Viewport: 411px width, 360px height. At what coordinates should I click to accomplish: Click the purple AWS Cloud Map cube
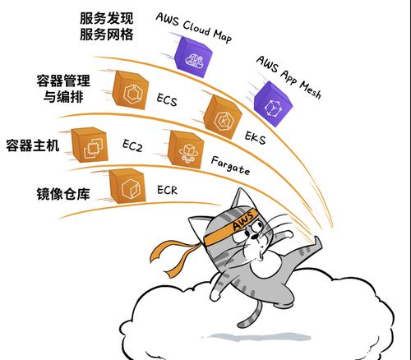coord(193,57)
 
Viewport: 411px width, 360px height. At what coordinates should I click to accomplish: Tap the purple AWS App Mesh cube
coord(273,104)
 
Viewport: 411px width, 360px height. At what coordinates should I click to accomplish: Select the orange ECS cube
coord(131,90)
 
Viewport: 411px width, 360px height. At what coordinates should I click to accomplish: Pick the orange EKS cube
coord(223,117)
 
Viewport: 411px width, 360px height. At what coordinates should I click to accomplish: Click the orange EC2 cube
coord(90,145)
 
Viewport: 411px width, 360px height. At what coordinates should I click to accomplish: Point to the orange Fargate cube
coord(186,150)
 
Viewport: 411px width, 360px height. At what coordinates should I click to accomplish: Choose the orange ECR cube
coord(127,186)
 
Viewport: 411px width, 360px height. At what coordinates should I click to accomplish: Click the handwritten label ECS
coord(167,99)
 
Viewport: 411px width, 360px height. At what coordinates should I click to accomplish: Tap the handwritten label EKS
coord(255,137)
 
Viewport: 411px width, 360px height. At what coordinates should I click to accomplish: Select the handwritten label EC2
coord(132,145)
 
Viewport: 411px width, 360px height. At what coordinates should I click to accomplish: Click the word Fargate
coord(230,166)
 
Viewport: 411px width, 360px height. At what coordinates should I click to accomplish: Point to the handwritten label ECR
coord(167,190)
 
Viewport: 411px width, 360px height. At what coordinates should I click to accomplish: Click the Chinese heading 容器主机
coord(33,145)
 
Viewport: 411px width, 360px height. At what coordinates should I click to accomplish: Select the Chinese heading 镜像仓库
coord(63,194)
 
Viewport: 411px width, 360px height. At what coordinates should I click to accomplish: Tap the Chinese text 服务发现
coord(107,18)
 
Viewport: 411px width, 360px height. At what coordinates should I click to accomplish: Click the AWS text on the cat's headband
coord(242,221)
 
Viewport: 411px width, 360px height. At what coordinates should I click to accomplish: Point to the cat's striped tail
coord(249,313)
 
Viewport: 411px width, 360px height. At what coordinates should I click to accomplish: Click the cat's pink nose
coord(255,237)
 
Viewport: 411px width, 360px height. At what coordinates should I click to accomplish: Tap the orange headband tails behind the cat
coord(175,256)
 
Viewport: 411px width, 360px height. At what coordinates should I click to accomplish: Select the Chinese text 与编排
coord(63,97)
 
